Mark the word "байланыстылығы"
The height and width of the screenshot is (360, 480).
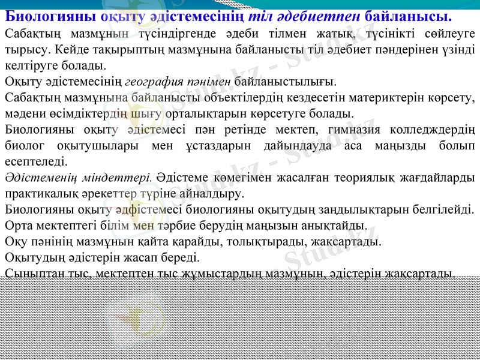coord(285,81)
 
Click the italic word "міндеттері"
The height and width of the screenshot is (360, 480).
coord(125,178)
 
